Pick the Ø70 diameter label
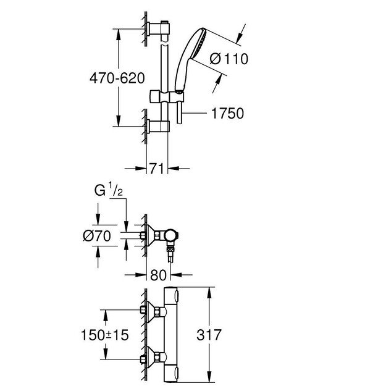click(x=96, y=235)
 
